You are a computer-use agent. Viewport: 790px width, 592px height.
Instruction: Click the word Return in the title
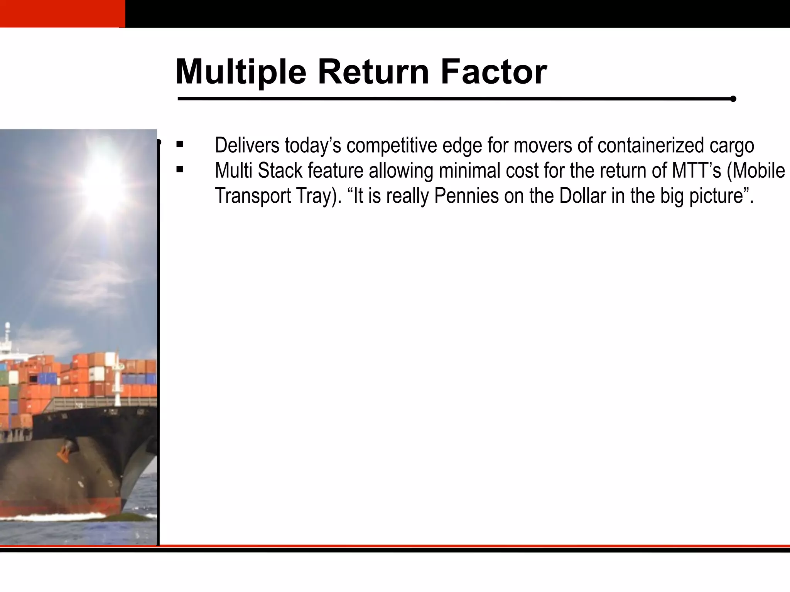pos(373,72)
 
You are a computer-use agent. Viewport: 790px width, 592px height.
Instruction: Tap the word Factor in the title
pos(493,72)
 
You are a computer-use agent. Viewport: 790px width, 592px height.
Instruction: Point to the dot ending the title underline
pos(733,99)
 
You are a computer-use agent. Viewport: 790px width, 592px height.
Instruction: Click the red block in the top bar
pos(62,13)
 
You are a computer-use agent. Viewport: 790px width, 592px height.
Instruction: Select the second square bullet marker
pos(179,170)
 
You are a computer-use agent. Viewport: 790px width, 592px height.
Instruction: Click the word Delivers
pos(247,145)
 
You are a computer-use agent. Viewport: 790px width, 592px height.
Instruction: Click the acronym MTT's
pos(696,170)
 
